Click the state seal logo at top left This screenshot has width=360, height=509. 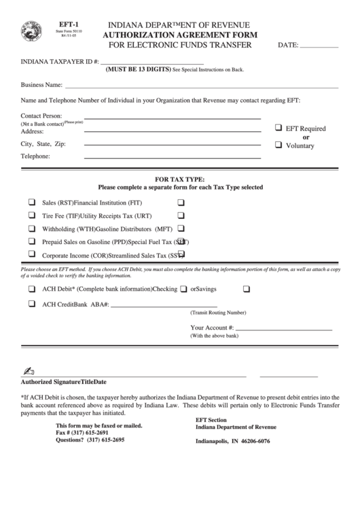pyautogui.click(x=32, y=31)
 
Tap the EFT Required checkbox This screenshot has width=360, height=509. pyautogui.click(x=278, y=128)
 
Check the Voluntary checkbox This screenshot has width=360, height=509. pyautogui.click(x=278, y=145)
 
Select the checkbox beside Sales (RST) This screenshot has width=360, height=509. pyautogui.click(x=32, y=203)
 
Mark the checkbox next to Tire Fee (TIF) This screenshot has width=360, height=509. pyautogui.click(x=32, y=215)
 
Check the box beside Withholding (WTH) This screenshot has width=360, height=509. pyautogui.click(x=32, y=228)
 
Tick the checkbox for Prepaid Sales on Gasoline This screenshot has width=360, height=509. pyautogui.click(x=32, y=241)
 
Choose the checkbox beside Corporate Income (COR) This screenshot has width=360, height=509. pyautogui.click(x=32, y=255)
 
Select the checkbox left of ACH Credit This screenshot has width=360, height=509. pyautogui.click(x=32, y=304)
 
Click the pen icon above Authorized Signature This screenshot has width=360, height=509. pyautogui.click(x=28, y=371)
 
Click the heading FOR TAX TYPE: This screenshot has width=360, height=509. pyautogui.click(x=180, y=179)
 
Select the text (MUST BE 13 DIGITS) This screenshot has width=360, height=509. pyautogui.click(x=138, y=69)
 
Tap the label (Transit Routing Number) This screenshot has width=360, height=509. pyautogui.click(x=218, y=313)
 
